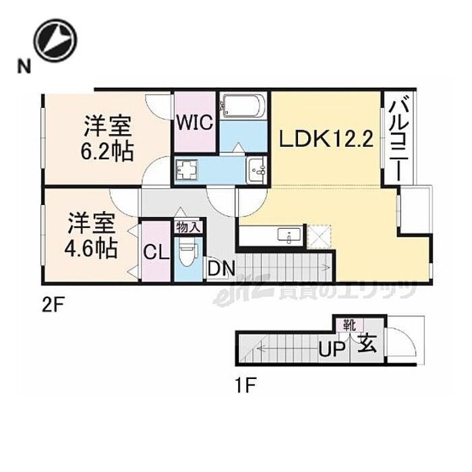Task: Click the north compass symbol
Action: click(x=55, y=40)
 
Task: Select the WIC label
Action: click(x=195, y=123)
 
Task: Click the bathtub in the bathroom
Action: click(x=243, y=106)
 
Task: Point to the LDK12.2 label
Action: click(x=326, y=140)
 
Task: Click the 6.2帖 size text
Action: click(x=109, y=150)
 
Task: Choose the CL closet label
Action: click(x=156, y=254)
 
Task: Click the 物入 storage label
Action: click(x=187, y=227)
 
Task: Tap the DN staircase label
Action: click(x=220, y=269)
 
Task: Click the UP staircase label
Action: click(x=332, y=349)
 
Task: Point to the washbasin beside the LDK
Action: click(x=257, y=171)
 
